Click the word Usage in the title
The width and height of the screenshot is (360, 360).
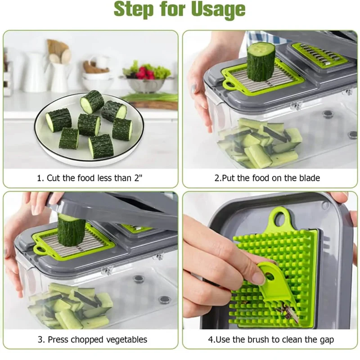coord(218,9)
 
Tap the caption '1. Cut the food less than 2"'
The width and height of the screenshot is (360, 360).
coord(90,178)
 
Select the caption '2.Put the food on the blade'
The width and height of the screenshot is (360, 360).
coord(267,178)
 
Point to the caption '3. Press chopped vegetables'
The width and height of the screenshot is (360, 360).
coord(93,339)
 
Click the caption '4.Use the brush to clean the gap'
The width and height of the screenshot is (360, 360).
coord(271,339)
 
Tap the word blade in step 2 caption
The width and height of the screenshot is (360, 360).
coord(310,178)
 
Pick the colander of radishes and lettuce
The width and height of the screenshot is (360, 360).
coord(146,78)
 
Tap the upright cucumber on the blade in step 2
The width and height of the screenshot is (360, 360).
coord(261,62)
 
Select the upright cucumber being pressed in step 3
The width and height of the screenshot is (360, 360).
coord(71,229)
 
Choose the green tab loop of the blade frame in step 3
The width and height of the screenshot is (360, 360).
coord(40,250)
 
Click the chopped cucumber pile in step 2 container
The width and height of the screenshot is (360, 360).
coord(260,142)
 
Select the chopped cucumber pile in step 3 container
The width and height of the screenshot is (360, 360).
coord(70,306)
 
